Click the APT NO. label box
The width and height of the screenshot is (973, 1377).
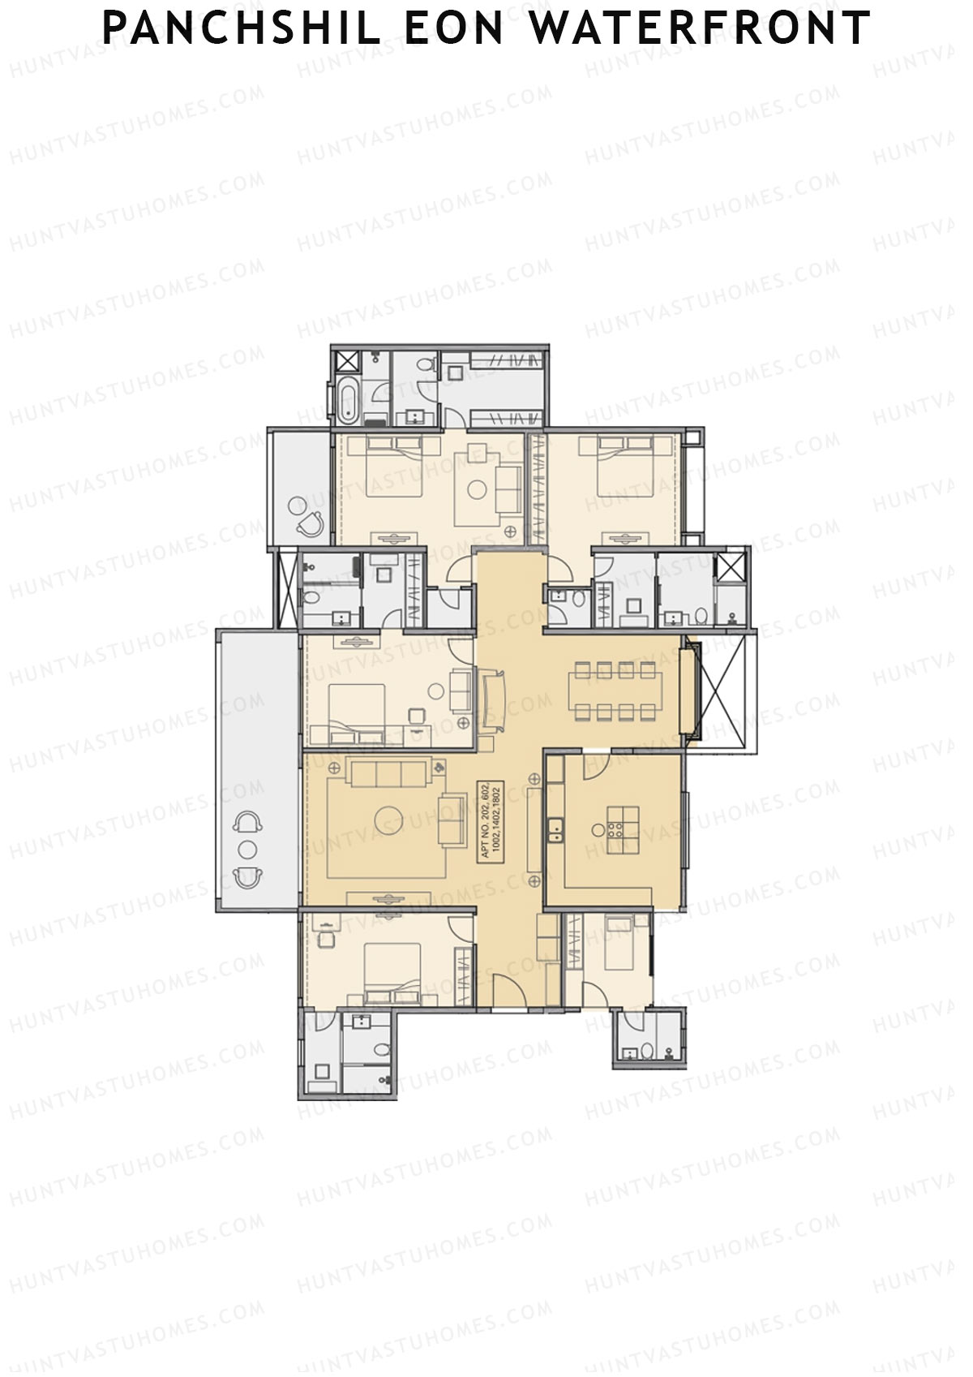[491, 820]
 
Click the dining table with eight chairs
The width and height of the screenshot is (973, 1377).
[614, 691]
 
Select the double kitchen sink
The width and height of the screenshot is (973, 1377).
[556, 829]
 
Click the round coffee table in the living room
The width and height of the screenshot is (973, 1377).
[389, 820]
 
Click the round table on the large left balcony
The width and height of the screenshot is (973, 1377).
[247, 850]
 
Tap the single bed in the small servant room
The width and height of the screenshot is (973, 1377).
[624, 941]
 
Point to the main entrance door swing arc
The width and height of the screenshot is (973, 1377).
[509, 992]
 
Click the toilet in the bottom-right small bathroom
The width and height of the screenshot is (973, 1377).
[647, 1052]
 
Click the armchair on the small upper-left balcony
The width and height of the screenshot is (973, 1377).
[308, 526]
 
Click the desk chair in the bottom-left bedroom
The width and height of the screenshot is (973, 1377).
[327, 940]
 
